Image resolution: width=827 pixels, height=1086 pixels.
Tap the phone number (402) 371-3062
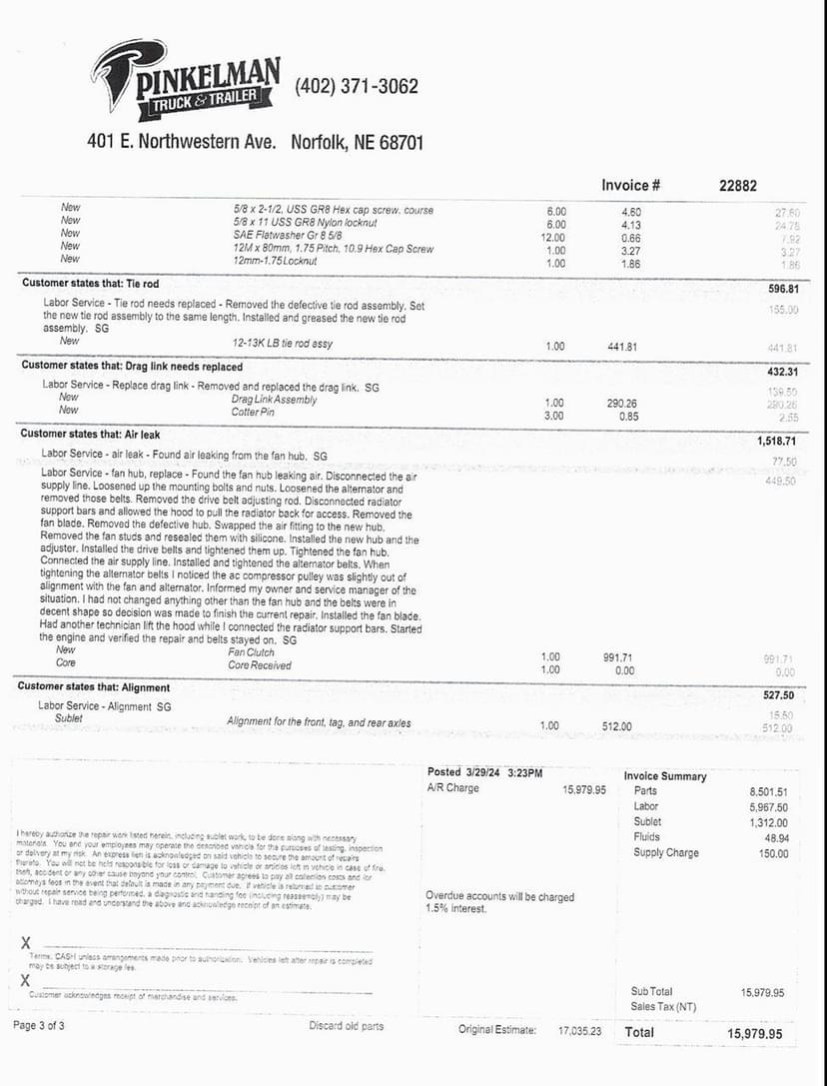357,87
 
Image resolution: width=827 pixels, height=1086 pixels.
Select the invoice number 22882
738,185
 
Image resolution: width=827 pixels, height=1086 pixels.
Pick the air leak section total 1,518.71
773,440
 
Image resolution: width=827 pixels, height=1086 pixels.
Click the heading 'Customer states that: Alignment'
94,687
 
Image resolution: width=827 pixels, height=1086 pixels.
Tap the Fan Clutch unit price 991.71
619,658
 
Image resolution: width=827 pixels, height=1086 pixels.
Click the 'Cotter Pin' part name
246,413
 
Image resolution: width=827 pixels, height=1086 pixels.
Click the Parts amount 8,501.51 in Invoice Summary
768,792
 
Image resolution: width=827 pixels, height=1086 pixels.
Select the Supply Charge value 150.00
769,854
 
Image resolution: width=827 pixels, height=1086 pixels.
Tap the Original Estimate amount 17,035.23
579,1030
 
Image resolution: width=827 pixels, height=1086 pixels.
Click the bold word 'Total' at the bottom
639,1032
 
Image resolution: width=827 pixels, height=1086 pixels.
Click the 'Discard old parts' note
346,1026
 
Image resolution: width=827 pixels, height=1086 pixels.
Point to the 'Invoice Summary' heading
665,776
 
